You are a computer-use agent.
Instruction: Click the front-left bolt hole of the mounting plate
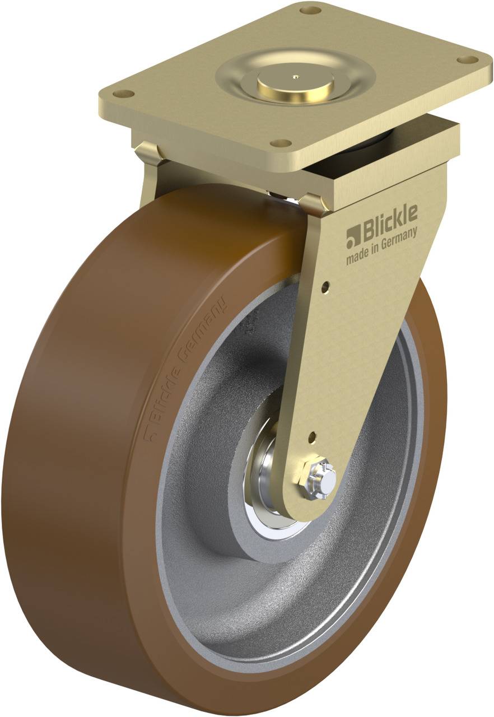(x=127, y=94)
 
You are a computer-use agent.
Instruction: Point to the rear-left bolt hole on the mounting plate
(x=310, y=10)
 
